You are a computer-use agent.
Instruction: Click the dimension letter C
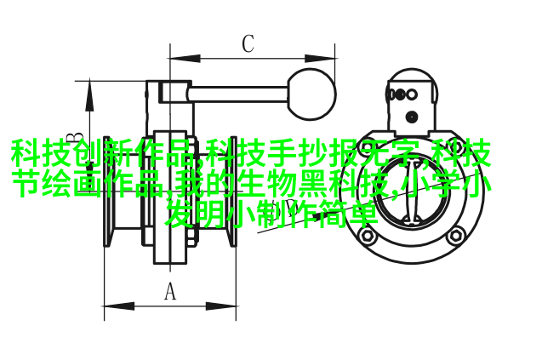(248, 43)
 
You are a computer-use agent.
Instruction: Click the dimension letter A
(169, 291)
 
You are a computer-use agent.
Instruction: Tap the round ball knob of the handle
(311, 94)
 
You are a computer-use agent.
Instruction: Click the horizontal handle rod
(238, 94)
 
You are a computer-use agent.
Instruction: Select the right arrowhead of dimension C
(319, 58)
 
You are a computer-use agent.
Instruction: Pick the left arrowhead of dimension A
(119, 306)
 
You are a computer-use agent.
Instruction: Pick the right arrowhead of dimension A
(221, 306)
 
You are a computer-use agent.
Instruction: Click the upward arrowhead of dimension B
(90, 96)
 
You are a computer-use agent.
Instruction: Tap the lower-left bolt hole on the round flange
(368, 236)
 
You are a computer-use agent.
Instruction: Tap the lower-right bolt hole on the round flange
(456, 236)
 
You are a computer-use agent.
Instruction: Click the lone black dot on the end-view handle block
(412, 117)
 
